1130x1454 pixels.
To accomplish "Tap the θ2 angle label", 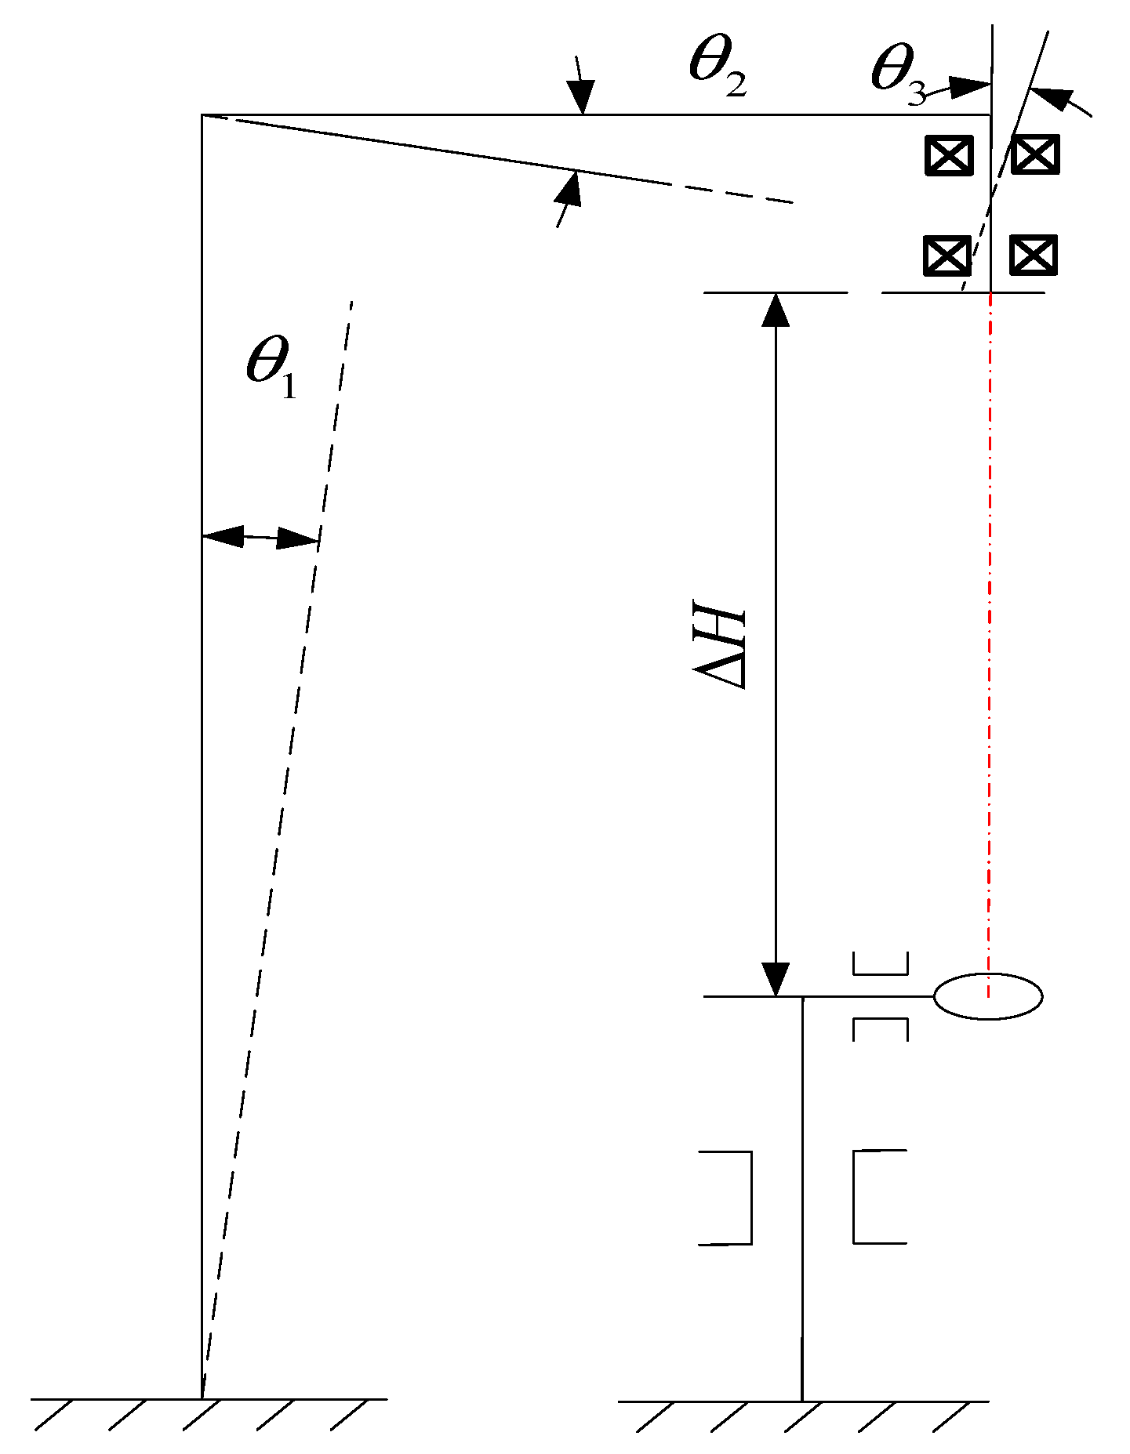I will (x=717, y=69).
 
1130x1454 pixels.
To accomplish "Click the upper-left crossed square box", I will (x=949, y=155).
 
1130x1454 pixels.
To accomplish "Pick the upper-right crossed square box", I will (x=1035, y=154).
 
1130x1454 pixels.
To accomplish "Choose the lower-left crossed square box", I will (x=947, y=256).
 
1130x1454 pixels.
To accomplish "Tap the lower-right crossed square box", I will (x=1033, y=255).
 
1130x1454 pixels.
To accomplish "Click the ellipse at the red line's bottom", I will (x=988, y=996).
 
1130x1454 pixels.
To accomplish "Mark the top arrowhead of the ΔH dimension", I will (x=776, y=309).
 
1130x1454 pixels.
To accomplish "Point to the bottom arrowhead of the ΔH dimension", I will (x=776, y=980).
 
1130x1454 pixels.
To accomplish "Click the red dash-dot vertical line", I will (x=990, y=627).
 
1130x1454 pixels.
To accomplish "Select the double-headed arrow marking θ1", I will (x=260, y=538).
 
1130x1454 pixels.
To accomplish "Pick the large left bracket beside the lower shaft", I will (x=726, y=1198).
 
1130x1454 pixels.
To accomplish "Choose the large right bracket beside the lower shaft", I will (x=879, y=1197).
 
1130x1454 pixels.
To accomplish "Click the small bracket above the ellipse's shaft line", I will (x=880, y=964).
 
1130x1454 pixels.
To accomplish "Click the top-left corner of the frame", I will (x=202, y=115).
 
